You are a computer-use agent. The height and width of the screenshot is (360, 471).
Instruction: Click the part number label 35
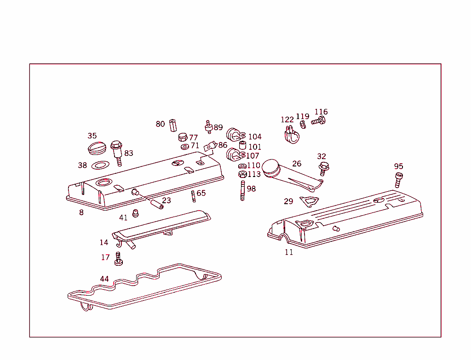click(x=92, y=136)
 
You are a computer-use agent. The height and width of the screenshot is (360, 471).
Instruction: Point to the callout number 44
click(x=104, y=279)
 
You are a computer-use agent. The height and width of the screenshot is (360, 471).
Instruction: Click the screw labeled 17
click(x=118, y=258)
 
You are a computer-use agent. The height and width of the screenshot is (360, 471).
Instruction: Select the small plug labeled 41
click(x=135, y=213)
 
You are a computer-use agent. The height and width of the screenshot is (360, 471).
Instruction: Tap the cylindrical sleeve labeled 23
click(x=155, y=203)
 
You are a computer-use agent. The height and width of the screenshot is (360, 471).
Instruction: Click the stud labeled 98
click(x=241, y=190)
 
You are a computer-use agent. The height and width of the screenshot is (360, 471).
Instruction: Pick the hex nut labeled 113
click(x=242, y=174)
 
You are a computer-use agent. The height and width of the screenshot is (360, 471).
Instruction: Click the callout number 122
click(x=287, y=120)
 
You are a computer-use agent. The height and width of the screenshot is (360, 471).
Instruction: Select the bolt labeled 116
click(x=318, y=121)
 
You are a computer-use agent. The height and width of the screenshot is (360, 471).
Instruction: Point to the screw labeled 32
click(x=323, y=168)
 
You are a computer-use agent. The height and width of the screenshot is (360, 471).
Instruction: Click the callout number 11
click(x=288, y=252)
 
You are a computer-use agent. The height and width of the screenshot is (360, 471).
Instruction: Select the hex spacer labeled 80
click(x=172, y=125)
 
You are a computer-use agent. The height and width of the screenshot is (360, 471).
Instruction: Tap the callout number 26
click(x=297, y=163)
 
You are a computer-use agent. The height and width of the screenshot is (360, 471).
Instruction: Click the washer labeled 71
click(x=184, y=147)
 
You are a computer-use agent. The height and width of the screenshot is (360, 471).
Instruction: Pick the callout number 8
click(x=81, y=212)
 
